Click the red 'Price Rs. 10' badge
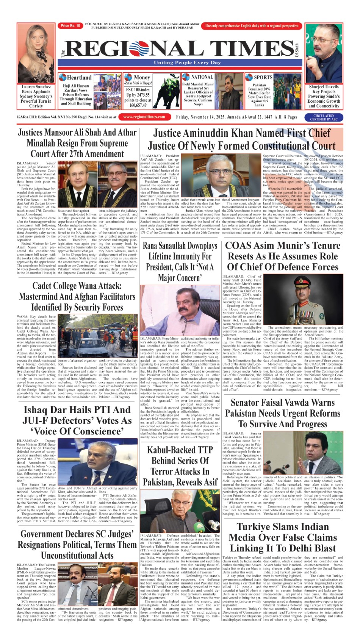(x=70, y=26)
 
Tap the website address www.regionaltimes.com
(x=144, y=117)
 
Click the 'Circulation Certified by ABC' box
(x=323, y=117)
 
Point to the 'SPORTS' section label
(x=263, y=77)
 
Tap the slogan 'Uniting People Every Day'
(x=187, y=63)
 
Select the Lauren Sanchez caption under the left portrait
(x=36, y=96)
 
